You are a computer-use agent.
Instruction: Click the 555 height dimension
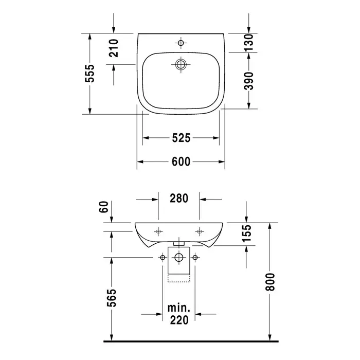(89, 74)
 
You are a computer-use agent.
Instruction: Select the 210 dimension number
(114, 48)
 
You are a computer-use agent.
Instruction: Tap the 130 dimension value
(248, 43)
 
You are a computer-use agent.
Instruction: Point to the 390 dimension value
(248, 81)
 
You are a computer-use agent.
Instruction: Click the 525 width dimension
(181, 138)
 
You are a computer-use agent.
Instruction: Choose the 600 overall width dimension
(181, 161)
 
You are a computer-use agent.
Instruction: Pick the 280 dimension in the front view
(179, 198)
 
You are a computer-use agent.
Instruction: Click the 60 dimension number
(104, 207)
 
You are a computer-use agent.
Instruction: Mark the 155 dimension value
(247, 233)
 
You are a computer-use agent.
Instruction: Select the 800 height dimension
(270, 282)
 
